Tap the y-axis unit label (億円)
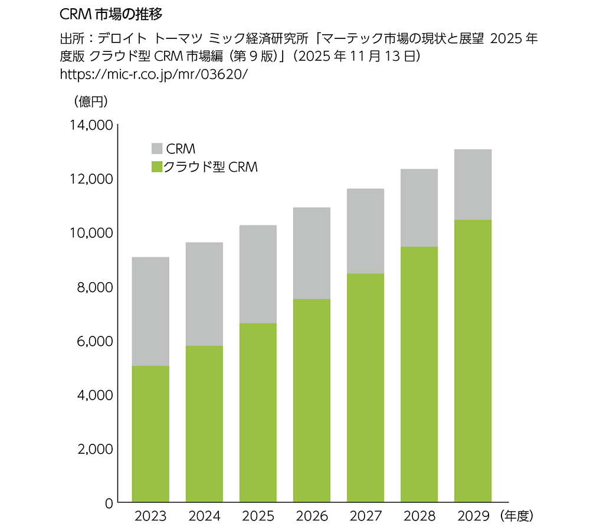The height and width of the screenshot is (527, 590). tap(90, 102)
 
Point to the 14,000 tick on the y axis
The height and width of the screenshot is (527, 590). tap(90, 126)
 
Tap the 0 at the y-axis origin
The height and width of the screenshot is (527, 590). tap(109, 503)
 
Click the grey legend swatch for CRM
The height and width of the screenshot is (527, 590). tap(157, 148)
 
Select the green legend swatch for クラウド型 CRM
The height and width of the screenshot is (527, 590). tap(157, 166)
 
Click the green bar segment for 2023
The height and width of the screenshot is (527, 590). tap(150, 434)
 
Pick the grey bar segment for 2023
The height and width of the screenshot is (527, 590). tap(150, 312)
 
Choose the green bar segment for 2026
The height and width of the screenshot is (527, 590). tap(312, 401)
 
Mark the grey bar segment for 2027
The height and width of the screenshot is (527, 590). tap(365, 231)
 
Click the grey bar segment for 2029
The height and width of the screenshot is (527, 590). tap(473, 185)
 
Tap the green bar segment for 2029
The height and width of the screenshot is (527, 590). tap(473, 361)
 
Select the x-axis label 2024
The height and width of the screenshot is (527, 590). tap(204, 516)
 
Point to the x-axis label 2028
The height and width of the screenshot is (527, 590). tap(419, 516)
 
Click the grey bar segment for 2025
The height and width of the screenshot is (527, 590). tap(258, 274)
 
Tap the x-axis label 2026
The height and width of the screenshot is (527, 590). tap(312, 516)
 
